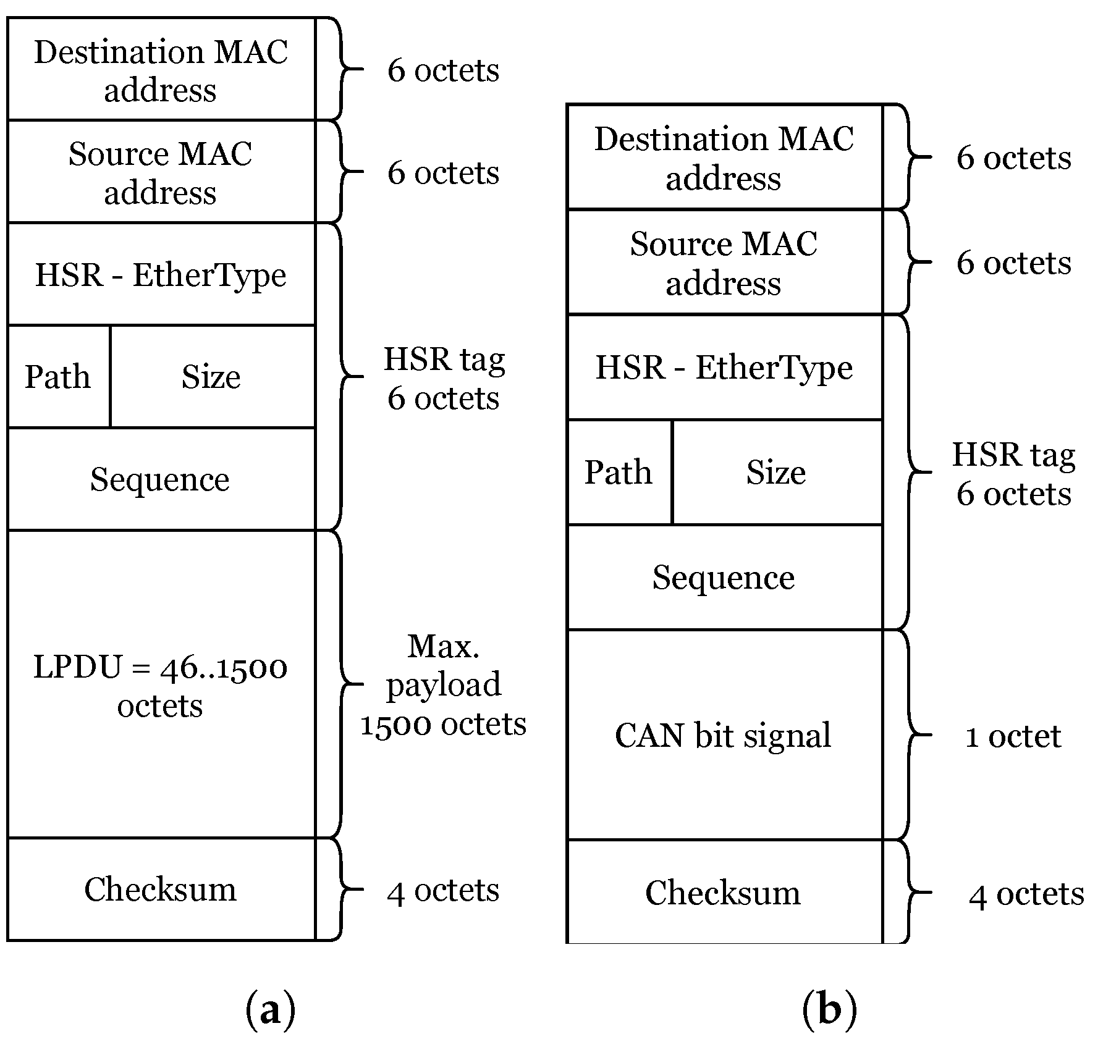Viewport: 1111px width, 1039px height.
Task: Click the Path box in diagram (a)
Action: [x=59, y=376]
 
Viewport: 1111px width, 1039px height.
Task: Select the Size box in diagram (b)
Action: [x=776, y=473]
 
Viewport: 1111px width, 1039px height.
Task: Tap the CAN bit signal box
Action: [x=724, y=734]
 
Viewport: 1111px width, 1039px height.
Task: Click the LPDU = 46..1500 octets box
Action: [x=161, y=684]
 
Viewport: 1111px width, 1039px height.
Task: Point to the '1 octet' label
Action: [x=1013, y=736]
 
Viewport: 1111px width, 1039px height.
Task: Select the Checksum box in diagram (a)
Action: [x=161, y=889]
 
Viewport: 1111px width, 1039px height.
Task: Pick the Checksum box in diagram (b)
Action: [x=724, y=893]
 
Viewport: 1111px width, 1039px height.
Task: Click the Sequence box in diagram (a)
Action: [x=161, y=479]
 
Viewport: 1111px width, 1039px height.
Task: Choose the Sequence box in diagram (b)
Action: [x=724, y=578]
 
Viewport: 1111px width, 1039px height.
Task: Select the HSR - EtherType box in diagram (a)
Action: [x=161, y=274]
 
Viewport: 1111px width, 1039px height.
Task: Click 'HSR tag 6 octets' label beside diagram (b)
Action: [x=1013, y=474]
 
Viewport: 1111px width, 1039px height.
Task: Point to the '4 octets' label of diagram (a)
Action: [x=443, y=890]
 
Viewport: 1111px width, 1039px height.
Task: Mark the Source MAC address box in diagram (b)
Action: [x=724, y=263]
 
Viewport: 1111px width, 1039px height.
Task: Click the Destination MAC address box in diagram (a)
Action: [x=161, y=69]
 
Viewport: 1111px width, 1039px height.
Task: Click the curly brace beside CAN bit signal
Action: [x=911, y=734]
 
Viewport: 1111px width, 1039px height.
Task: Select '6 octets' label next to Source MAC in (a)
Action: [x=443, y=172]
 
